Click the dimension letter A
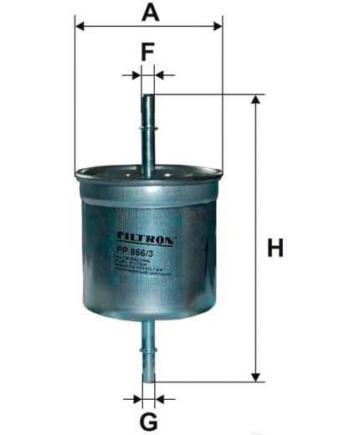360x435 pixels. click(x=149, y=12)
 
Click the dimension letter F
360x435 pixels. click(x=147, y=53)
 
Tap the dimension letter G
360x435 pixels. click(x=148, y=419)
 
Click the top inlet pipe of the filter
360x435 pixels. click(x=148, y=134)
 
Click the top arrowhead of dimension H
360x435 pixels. click(x=255, y=101)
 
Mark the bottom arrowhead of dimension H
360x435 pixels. click(x=255, y=376)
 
